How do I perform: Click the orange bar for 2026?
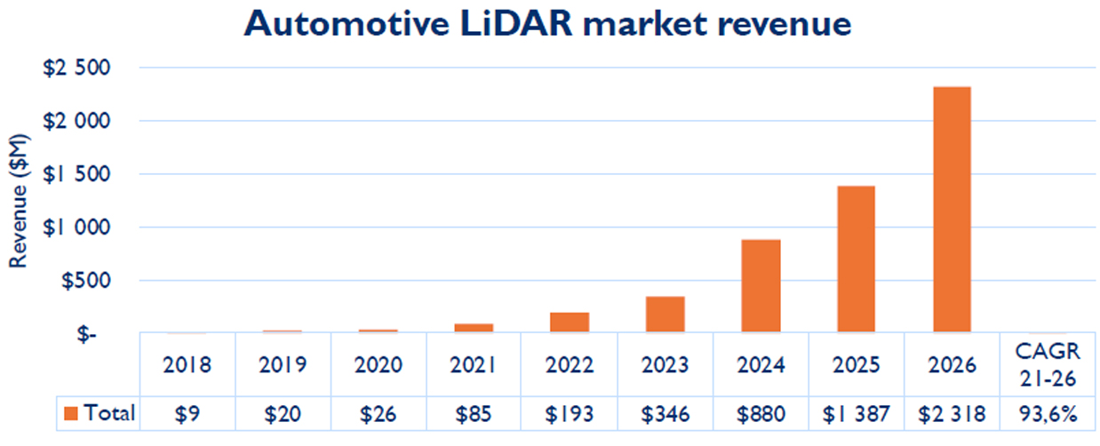click(952, 210)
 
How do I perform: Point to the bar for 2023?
click(665, 315)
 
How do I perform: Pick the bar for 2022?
click(570, 323)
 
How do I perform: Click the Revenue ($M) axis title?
click(20, 201)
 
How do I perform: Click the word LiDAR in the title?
click(520, 24)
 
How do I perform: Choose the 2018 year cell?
click(187, 364)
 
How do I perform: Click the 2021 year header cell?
click(474, 364)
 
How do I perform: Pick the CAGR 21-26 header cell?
click(1048, 364)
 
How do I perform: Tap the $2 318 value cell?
click(952, 413)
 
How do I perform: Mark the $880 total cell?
click(761, 413)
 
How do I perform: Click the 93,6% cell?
click(1048, 413)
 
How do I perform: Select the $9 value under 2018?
click(187, 413)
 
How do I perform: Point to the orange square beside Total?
click(70, 413)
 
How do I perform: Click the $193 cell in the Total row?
click(570, 413)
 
